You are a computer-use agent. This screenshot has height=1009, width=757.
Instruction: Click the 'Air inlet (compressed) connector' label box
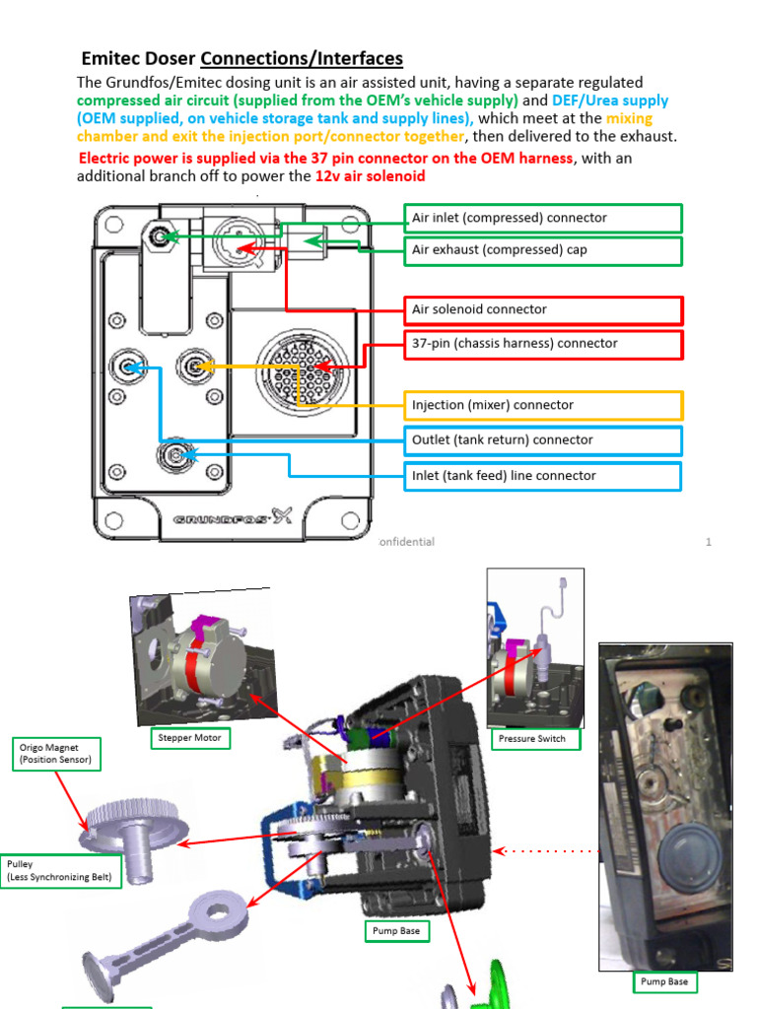click(543, 218)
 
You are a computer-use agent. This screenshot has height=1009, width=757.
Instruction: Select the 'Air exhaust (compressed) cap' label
click(543, 250)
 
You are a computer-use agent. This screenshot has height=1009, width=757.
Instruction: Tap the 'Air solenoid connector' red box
click(543, 309)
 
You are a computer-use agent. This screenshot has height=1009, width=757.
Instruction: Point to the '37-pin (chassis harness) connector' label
click(543, 344)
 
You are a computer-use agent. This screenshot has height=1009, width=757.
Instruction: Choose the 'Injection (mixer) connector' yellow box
click(543, 405)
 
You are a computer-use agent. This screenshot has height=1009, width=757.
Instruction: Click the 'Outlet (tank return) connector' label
click(543, 440)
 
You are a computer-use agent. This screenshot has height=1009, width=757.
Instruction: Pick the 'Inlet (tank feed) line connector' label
click(543, 476)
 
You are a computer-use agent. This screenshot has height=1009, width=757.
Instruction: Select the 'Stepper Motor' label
click(190, 737)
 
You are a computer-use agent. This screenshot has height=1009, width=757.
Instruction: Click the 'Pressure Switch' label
click(531, 738)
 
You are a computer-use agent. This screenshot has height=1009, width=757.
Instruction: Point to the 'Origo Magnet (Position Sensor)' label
click(57, 754)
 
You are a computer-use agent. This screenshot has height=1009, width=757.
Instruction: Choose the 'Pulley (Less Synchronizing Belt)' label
click(60, 870)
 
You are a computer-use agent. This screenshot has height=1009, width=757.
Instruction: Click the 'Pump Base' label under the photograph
click(663, 981)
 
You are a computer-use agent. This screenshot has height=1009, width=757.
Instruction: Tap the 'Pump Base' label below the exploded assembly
click(396, 930)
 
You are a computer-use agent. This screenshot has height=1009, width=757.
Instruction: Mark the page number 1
click(708, 542)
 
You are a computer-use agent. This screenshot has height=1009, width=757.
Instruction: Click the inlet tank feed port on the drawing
click(177, 454)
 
